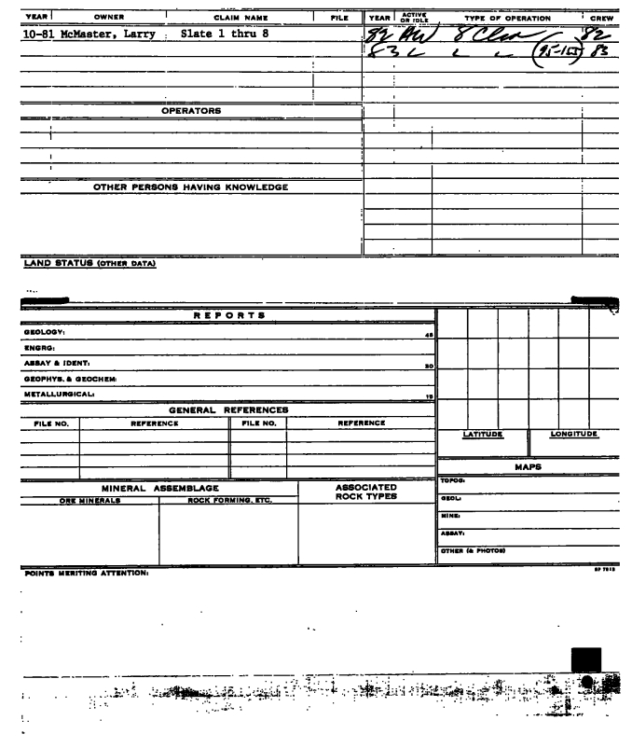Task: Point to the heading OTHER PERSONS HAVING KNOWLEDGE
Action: pos(191,187)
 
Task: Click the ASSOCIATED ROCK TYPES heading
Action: pos(365,492)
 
